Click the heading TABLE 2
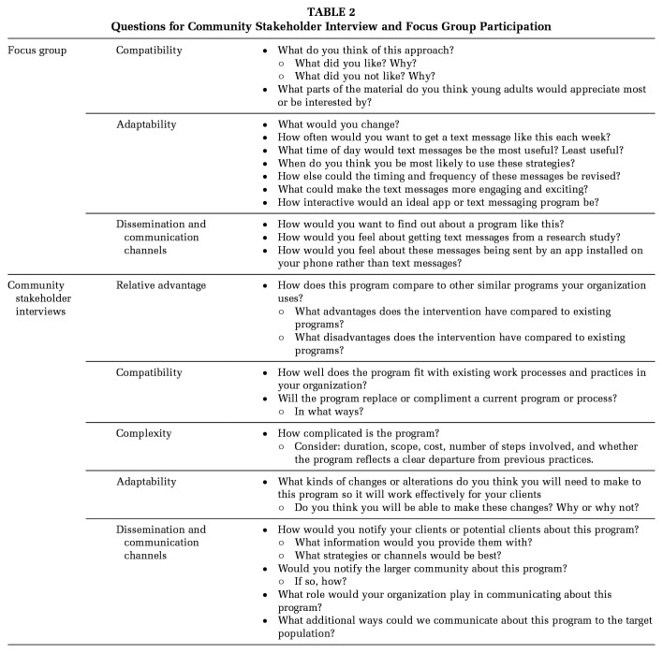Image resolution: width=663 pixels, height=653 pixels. [331, 10]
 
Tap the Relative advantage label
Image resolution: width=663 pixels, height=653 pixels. [162, 284]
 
